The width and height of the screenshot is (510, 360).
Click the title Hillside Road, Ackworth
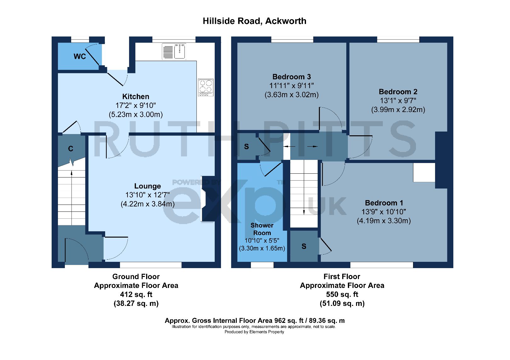(x=255, y=21)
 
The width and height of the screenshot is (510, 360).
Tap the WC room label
(x=80, y=56)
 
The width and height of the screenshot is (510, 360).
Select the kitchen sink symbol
(x=180, y=51)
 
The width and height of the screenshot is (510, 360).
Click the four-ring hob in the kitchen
(x=206, y=87)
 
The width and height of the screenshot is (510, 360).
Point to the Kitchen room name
(x=136, y=97)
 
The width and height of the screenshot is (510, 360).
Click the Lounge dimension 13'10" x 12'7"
(x=148, y=195)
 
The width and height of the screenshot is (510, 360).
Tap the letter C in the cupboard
(x=71, y=149)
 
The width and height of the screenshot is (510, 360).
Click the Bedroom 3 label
(x=292, y=77)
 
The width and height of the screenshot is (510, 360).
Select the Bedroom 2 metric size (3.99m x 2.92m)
(x=398, y=110)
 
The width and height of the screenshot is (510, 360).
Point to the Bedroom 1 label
(x=384, y=203)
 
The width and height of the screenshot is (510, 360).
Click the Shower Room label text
(x=262, y=229)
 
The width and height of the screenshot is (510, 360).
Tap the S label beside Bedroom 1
(x=304, y=246)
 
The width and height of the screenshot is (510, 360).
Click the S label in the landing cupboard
(x=246, y=147)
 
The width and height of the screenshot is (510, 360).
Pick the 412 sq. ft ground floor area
(x=136, y=295)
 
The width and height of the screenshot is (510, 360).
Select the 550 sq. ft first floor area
(x=342, y=295)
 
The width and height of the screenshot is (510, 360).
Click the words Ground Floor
(x=136, y=277)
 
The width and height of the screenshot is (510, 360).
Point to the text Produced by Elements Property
(x=254, y=332)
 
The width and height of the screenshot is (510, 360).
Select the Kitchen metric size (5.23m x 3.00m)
(x=136, y=115)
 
